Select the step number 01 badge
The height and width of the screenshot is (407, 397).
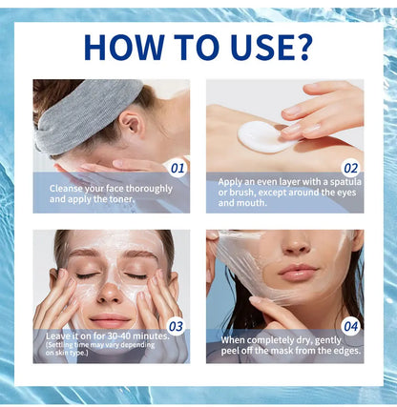(177, 169)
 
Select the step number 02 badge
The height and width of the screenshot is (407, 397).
(350, 169)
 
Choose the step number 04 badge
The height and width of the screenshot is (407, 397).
(350, 326)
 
